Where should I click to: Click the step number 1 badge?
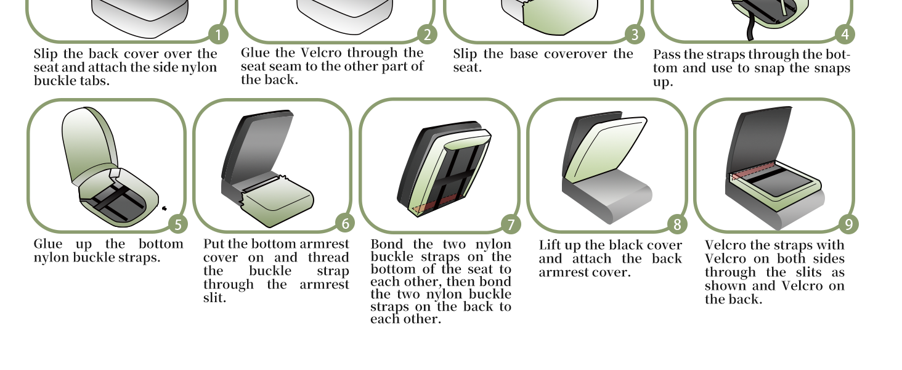coord(218,35)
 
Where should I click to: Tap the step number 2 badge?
coord(427,35)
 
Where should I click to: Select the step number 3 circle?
coord(635,35)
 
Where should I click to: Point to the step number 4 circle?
coord(845,35)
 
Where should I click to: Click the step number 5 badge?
coord(178,224)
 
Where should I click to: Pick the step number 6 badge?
coord(345,223)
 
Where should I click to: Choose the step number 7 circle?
coord(511,224)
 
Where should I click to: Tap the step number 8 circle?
coord(677,224)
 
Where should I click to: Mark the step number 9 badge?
coord(849,224)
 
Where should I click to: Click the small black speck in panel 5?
coord(165,208)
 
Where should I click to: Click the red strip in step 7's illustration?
coord(439,203)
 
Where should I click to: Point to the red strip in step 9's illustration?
coord(752,171)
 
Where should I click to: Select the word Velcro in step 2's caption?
coord(322,53)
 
